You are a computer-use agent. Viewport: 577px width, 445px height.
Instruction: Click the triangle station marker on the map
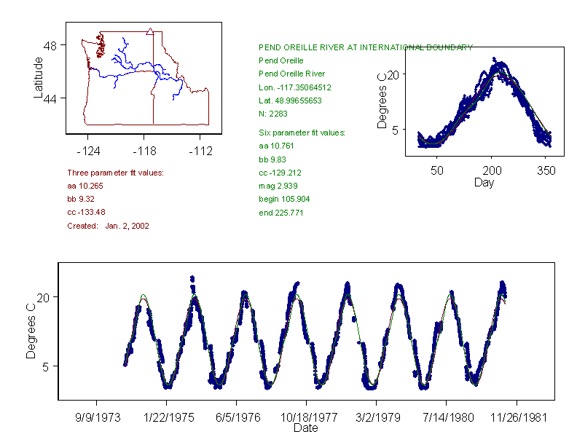point(149,31)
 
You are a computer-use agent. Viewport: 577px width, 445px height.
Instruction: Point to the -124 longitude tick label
point(88,151)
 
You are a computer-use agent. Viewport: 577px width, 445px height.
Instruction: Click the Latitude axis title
point(39,77)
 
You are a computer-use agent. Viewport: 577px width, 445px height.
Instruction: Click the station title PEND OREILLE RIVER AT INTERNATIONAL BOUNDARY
point(366,47)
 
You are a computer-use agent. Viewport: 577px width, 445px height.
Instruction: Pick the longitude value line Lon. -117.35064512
point(295,87)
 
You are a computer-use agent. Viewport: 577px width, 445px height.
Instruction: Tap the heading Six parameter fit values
point(302,133)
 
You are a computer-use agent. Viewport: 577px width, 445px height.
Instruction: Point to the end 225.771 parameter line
point(281,213)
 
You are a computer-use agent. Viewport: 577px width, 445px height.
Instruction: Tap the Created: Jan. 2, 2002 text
point(108,226)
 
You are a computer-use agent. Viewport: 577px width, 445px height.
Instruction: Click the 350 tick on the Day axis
point(546,171)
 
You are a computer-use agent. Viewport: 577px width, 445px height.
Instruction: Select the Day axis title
point(484,182)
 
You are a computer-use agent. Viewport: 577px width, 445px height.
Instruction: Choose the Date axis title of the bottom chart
point(305,428)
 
